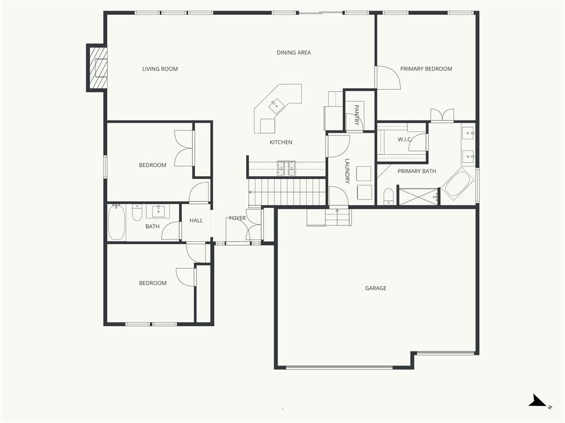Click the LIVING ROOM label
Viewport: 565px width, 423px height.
(x=160, y=69)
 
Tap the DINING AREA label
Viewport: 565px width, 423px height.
(x=294, y=52)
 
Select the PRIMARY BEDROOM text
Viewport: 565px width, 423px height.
(x=426, y=69)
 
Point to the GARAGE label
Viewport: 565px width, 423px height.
(x=375, y=288)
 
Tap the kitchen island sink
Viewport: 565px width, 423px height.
(x=276, y=106)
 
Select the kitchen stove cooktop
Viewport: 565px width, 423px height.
(x=286, y=169)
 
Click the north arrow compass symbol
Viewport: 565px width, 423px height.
(x=538, y=401)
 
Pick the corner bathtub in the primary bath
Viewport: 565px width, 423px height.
(x=457, y=184)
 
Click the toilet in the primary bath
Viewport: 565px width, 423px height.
(x=388, y=197)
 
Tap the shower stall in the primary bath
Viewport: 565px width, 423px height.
(x=418, y=197)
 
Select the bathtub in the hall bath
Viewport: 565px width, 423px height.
(x=116, y=223)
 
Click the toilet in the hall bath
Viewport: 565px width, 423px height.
(x=137, y=213)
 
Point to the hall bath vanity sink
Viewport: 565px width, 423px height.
(x=158, y=211)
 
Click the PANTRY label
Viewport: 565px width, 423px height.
(x=356, y=115)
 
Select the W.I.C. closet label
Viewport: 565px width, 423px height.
(x=404, y=139)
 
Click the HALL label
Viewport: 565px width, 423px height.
(x=196, y=220)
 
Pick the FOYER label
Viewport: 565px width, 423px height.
(x=237, y=218)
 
